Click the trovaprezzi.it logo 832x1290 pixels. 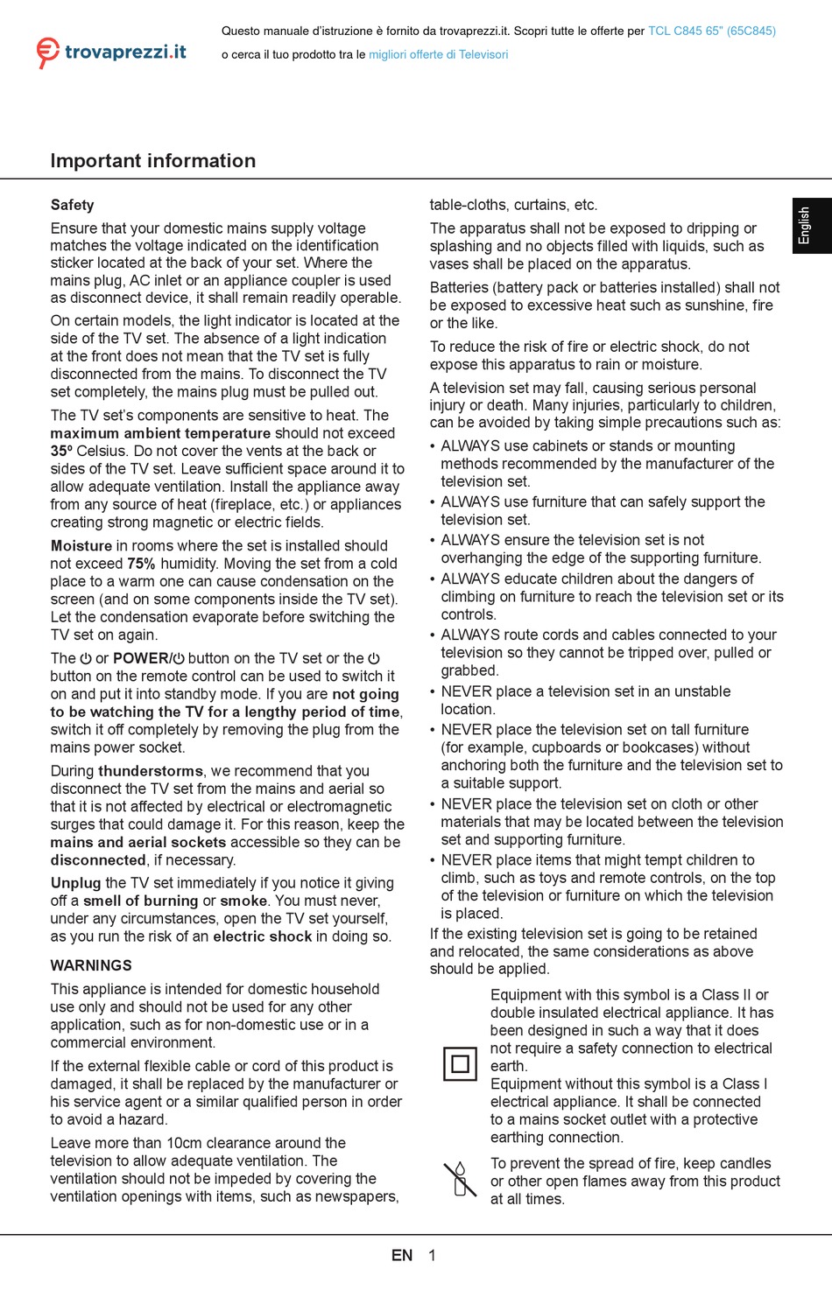pos(111,53)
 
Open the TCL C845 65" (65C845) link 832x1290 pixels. pos(711,31)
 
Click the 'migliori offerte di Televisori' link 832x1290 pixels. pos(438,54)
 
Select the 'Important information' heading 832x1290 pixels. pos(153,161)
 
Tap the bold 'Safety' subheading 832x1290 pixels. pos(72,205)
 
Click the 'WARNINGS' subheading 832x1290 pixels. pos(91,965)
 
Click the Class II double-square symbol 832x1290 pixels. pos(460,1064)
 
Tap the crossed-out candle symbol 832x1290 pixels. pos(459,1179)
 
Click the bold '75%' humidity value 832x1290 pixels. pos(141,564)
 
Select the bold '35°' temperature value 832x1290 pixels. pos(61,451)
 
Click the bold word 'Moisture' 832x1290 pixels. pos(81,546)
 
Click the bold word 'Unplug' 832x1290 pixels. pos(76,883)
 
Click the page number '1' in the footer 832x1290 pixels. pos(432,1255)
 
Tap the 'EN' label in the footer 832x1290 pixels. pos(402,1255)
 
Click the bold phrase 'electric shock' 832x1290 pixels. pos(263,936)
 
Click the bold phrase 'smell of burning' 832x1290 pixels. pos(141,901)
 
